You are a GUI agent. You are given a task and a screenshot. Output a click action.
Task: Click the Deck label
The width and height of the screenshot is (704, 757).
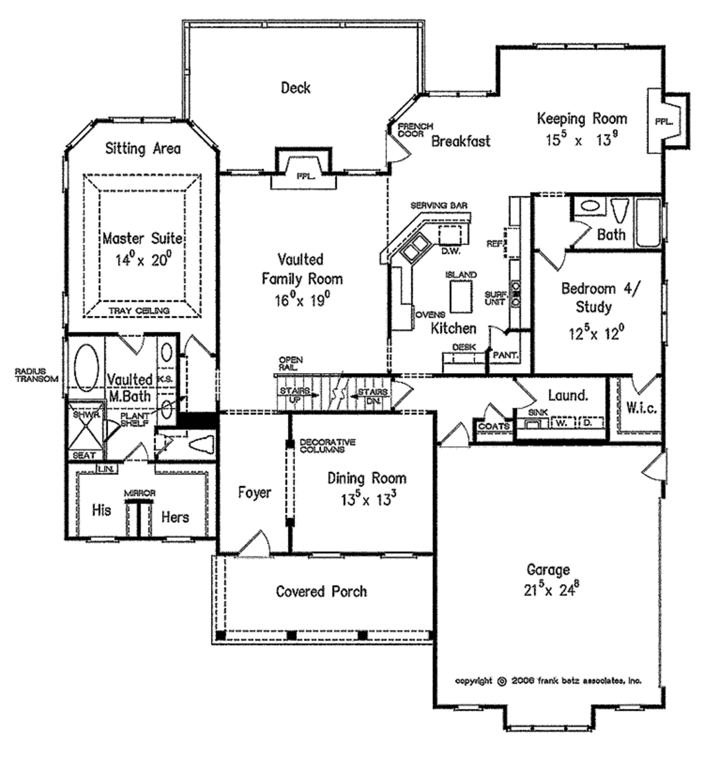tap(296, 88)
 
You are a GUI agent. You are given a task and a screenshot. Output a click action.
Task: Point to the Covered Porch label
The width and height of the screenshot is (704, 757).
tap(321, 591)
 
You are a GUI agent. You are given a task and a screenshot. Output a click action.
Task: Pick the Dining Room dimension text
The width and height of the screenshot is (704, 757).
tap(366, 498)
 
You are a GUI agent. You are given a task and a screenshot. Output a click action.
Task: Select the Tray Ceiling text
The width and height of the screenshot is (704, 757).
tap(142, 311)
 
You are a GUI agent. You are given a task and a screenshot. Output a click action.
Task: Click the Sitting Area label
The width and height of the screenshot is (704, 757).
tap(142, 148)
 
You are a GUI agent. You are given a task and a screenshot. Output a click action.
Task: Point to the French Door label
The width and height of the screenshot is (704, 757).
tap(415, 129)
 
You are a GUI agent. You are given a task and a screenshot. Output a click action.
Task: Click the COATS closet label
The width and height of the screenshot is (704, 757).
tap(494, 427)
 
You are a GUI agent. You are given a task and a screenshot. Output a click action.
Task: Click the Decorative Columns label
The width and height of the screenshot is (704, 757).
tap(327, 446)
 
